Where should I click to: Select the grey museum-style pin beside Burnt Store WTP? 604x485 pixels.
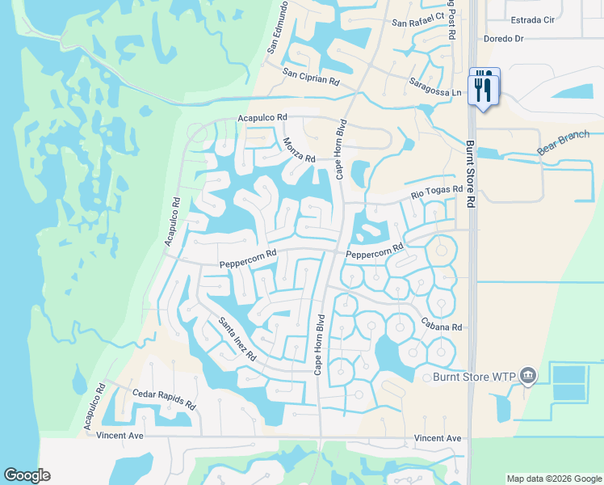[x=529, y=375]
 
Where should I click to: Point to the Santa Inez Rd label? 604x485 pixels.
[x=237, y=339]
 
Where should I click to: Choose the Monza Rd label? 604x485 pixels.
[x=299, y=150]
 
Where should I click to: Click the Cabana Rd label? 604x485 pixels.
[x=441, y=327]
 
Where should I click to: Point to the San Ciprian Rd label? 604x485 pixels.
[x=311, y=78]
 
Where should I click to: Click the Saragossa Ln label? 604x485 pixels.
[x=435, y=87]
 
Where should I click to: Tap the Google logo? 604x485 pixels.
[x=27, y=475]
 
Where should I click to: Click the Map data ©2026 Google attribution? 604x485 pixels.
[x=554, y=479]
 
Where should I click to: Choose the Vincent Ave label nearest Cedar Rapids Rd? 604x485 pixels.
[x=120, y=436]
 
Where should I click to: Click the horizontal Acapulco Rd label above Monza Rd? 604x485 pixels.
[x=262, y=118]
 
